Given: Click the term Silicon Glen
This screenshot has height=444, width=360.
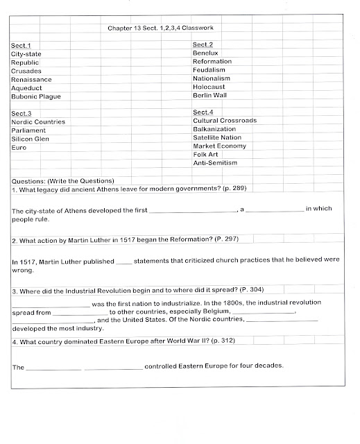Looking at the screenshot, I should (32, 138).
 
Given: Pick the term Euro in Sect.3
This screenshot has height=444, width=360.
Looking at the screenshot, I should (19, 147).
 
